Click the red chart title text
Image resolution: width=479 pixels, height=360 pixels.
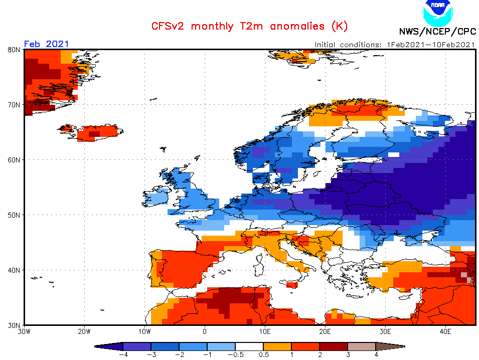(x=249, y=26)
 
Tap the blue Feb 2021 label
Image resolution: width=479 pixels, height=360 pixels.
(x=47, y=44)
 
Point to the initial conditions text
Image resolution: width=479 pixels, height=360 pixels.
(x=394, y=44)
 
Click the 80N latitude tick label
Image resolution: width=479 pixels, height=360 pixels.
(x=14, y=50)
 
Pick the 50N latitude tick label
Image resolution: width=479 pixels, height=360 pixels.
(x=14, y=215)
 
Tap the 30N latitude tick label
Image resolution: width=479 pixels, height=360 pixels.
(x=14, y=325)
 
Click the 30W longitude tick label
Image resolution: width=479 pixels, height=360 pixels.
(x=24, y=331)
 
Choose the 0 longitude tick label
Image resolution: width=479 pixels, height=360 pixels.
(x=205, y=331)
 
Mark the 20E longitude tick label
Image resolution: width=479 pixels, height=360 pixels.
(x=325, y=331)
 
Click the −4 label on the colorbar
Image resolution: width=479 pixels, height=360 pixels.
(x=122, y=354)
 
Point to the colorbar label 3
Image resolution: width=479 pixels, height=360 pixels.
(x=348, y=354)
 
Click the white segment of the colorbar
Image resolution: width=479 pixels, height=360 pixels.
(x=249, y=346)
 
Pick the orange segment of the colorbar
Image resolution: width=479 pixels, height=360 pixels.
(x=277, y=346)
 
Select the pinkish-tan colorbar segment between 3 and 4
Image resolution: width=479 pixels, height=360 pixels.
(x=362, y=346)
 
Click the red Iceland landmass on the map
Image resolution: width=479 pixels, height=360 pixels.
(x=95, y=133)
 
